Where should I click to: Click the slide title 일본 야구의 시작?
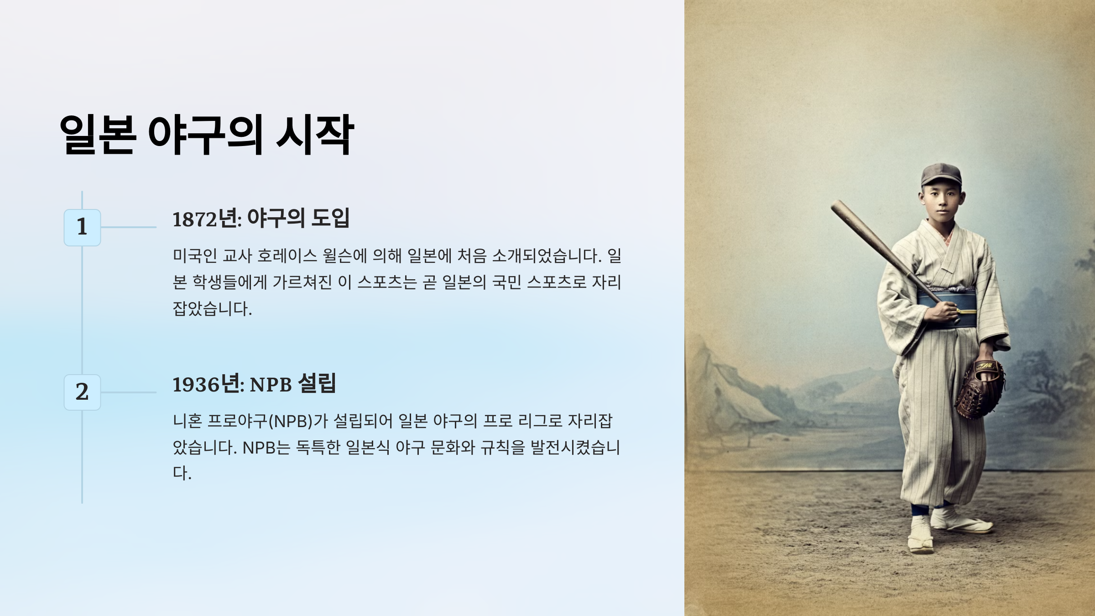coord(206,135)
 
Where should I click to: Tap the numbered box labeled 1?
coord(82,227)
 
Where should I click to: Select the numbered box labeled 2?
coord(82,392)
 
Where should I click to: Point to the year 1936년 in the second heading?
coord(208,384)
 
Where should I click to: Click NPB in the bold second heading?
coord(271,385)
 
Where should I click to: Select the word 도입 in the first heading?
coord(330,218)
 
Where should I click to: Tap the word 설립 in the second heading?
coord(317,383)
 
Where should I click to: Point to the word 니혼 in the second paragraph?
coord(187,421)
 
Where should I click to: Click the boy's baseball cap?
coord(941,175)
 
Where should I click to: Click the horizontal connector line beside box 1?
coord(129,227)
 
